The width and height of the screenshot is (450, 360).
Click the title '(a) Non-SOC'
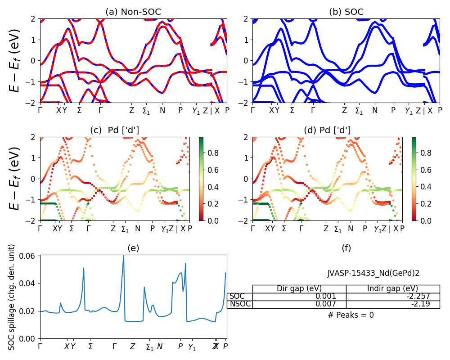pyautogui.click(x=133, y=12)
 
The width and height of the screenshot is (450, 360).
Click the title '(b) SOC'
pyautogui.click(x=346, y=12)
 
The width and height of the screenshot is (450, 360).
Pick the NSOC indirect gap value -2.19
pyautogui.click(x=421, y=304)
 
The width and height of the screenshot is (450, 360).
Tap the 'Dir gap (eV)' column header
pyautogui.click(x=299, y=288)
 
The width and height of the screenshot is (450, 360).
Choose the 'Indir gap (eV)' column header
pyautogui.click(x=393, y=288)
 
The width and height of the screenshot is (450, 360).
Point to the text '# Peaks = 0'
pyautogui.click(x=351, y=315)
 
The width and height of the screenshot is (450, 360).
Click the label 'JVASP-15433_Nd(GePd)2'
pyautogui.click(x=373, y=273)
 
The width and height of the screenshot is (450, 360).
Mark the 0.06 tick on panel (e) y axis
pyautogui.click(x=31, y=256)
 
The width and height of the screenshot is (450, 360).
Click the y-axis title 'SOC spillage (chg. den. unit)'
pyautogui.click(x=12, y=297)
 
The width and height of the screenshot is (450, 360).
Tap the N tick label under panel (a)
pyautogui.click(x=162, y=110)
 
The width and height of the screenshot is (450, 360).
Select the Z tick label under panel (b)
pyautogui.click(x=344, y=110)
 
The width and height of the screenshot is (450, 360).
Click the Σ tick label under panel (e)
pyautogui.click(x=90, y=346)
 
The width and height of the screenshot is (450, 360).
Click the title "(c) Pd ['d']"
pyautogui.click(x=115, y=130)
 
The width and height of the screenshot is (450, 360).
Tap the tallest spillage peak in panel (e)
pyautogui.click(x=123, y=256)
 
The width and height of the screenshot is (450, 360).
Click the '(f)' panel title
pyautogui.click(x=346, y=248)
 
